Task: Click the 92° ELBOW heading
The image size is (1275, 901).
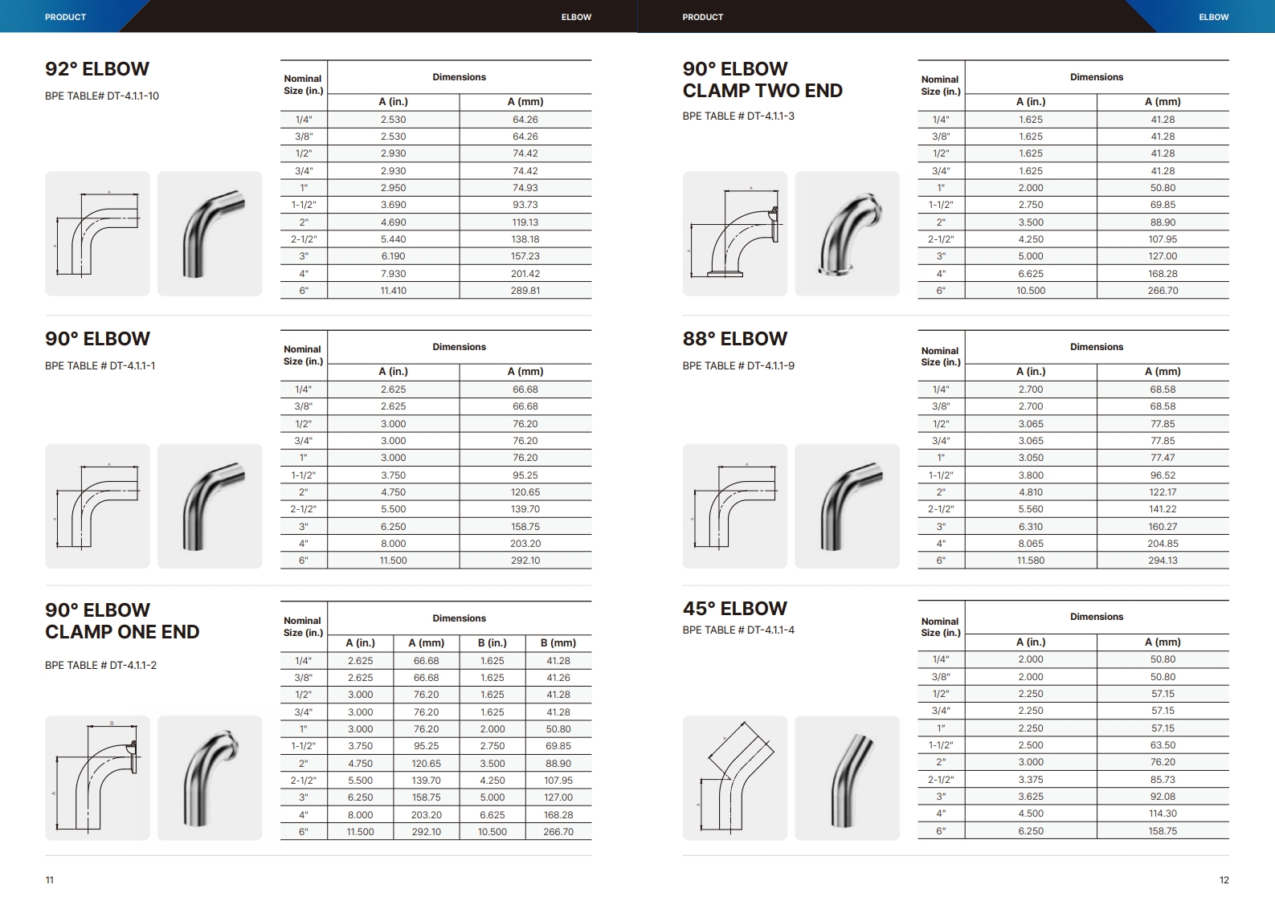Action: click(97, 69)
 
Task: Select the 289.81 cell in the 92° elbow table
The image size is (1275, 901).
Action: click(525, 291)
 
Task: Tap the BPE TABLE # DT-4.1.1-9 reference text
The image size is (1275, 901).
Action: click(738, 365)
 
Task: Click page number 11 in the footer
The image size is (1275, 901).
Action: click(50, 880)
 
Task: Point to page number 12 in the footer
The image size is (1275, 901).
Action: click(1224, 880)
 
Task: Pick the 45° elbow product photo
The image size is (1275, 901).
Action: click(847, 777)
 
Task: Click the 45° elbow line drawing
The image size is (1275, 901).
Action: click(734, 777)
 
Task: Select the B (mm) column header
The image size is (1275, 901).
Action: click(558, 642)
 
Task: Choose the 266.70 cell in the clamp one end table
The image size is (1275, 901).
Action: click(558, 832)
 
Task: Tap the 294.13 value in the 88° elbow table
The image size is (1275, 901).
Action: click(1163, 561)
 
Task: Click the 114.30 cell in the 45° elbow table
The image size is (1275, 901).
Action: click(1163, 813)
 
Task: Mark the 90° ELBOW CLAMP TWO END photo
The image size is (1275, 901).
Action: click(847, 234)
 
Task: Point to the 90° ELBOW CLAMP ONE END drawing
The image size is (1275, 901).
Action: click(97, 777)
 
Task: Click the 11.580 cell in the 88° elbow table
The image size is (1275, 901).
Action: click(1031, 561)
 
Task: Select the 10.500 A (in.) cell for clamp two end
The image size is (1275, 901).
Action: click(1031, 291)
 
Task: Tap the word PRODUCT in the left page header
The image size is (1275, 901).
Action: click(65, 17)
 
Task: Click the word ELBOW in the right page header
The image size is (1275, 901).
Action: click(1213, 17)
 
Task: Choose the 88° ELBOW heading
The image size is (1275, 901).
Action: click(734, 339)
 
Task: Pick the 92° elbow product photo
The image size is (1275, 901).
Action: click(210, 234)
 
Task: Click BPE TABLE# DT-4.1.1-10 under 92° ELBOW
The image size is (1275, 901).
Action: click(102, 96)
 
